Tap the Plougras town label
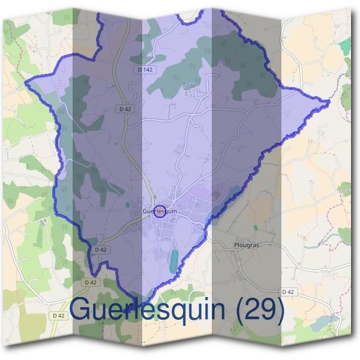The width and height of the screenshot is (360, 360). [245, 245]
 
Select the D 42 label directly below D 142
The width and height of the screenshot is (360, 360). [125, 109]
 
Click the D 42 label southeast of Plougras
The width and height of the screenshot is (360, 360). [289, 292]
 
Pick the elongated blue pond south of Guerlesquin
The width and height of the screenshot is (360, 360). [173, 260]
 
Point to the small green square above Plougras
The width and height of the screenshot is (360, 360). [256, 228]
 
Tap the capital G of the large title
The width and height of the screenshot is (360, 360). [83, 310]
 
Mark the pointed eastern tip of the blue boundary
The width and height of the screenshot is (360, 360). [329, 102]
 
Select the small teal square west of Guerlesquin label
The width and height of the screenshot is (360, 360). [128, 205]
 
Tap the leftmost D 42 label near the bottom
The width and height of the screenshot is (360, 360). [58, 316]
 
